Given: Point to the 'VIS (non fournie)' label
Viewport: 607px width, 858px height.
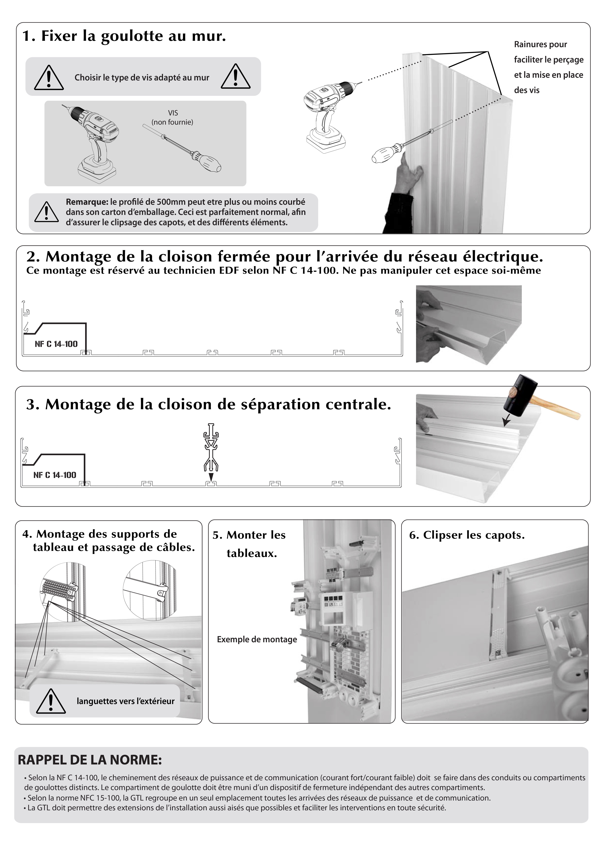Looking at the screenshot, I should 172,117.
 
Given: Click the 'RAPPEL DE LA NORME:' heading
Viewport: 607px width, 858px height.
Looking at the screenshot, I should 90,760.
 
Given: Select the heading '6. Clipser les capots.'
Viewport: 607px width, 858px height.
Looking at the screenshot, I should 467,535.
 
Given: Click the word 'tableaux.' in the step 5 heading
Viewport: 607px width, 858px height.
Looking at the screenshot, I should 252,553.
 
